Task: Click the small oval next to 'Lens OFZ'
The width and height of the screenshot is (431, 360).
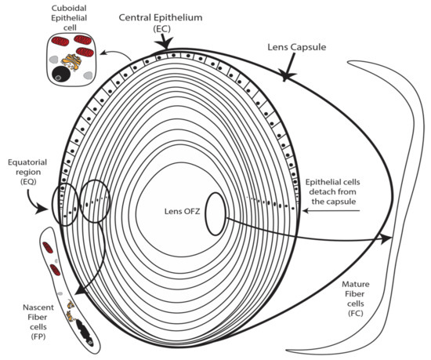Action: coord(217,213)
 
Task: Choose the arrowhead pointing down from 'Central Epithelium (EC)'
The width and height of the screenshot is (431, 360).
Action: coord(163,51)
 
